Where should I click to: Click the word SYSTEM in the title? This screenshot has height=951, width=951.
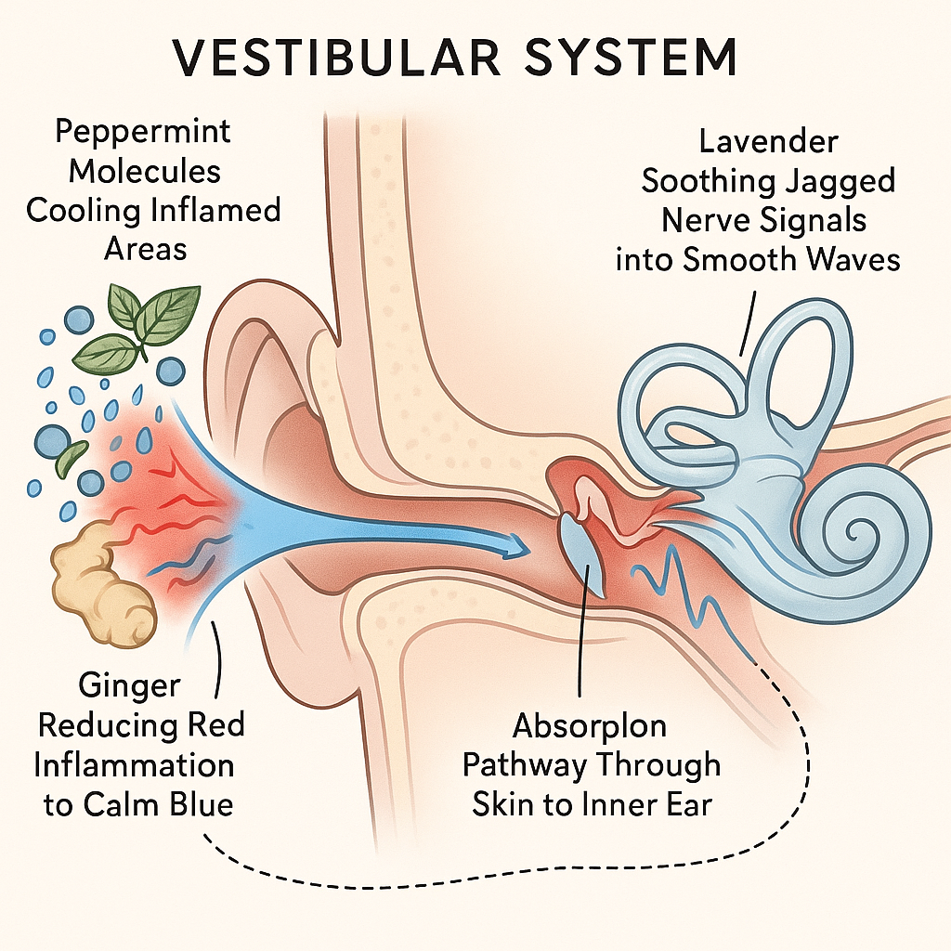(631, 58)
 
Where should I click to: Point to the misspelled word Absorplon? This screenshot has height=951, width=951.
(591, 725)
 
